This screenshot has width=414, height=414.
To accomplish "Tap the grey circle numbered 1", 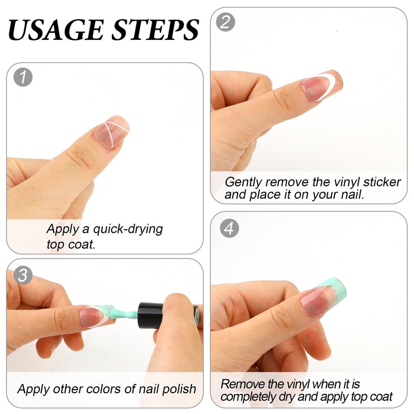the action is (x=23, y=78).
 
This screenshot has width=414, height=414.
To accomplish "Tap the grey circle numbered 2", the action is (x=225, y=22).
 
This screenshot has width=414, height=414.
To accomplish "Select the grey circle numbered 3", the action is (x=23, y=275).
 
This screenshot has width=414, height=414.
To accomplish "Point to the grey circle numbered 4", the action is (x=229, y=228).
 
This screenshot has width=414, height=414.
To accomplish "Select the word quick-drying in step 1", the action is (x=128, y=229).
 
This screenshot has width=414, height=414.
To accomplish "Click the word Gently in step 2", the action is (x=243, y=183).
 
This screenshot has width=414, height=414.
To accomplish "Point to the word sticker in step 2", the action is (x=382, y=182).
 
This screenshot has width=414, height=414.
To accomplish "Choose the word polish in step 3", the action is (x=179, y=390).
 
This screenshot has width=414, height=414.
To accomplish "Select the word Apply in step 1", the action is (x=62, y=229).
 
